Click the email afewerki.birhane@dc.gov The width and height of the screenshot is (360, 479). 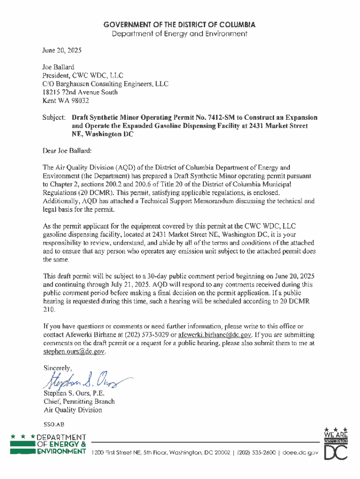click(x=216, y=334)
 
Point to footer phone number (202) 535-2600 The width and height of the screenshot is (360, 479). click(x=257, y=453)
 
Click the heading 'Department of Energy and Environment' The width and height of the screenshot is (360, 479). click(x=180, y=34)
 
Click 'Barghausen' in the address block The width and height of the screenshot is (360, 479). click(x=78, y=84)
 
